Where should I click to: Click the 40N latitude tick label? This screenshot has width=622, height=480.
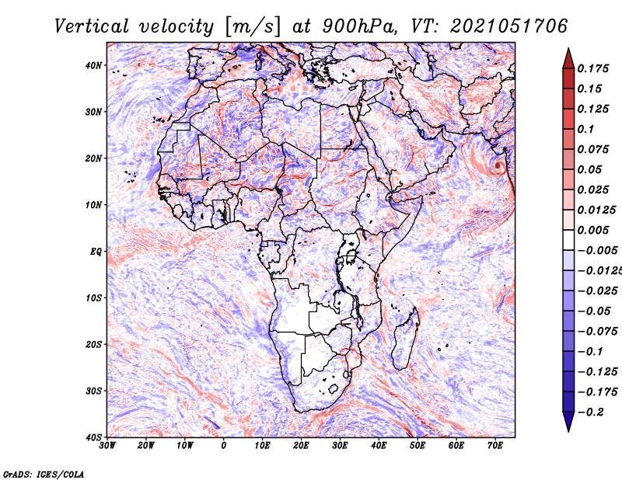[93, 65]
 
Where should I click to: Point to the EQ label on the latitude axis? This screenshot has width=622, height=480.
[96, 252]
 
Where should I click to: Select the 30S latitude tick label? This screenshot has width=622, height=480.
[93, 391]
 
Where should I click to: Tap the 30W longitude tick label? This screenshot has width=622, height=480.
[107, 446]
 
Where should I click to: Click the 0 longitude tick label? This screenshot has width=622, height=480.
[224, 446]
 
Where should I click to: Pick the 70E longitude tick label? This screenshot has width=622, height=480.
[495, 446]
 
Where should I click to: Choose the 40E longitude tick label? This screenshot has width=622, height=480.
[379, 446]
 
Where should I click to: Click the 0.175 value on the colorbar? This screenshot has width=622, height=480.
[593, 68]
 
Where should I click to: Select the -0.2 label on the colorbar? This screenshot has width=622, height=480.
[591, 412]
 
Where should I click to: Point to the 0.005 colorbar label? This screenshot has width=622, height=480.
[593, 230]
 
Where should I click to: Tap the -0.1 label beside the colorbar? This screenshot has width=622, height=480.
[591, 352]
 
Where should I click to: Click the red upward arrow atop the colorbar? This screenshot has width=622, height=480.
[568, 58]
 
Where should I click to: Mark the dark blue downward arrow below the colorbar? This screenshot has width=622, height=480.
[568, 422]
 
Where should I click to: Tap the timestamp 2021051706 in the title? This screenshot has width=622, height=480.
[509, 26]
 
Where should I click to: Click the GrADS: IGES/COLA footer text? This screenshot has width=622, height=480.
[44, 474]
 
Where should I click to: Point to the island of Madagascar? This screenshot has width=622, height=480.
[405, 339]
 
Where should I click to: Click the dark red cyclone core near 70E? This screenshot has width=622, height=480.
[498, 165]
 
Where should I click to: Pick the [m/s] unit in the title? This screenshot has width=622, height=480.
[253, 27]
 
